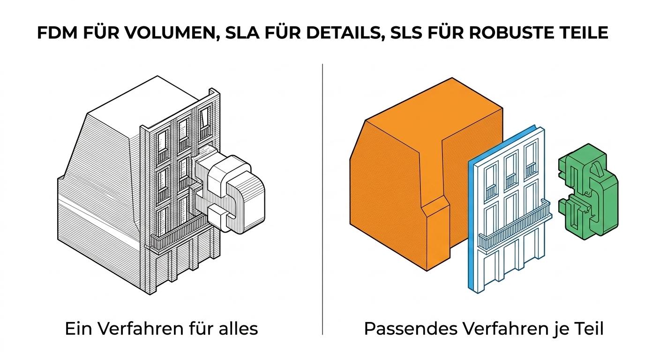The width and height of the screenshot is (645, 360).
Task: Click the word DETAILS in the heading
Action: [335, 33]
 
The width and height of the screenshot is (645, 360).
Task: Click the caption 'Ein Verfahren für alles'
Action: [161, 329]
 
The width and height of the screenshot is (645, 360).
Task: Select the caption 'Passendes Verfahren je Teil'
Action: [483, 329]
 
